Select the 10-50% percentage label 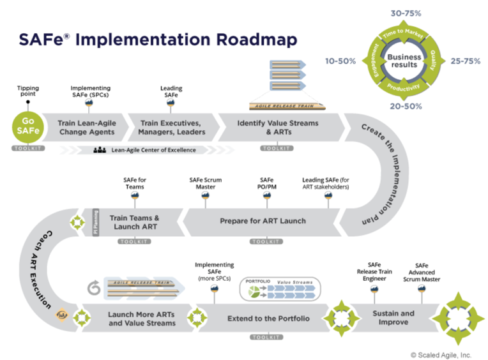[339, 61]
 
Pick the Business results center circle [403, 61]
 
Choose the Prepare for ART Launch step [263, 221]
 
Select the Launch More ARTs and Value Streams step [142, 319]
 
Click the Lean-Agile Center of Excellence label [154, 150]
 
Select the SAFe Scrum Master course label [205, 183]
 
